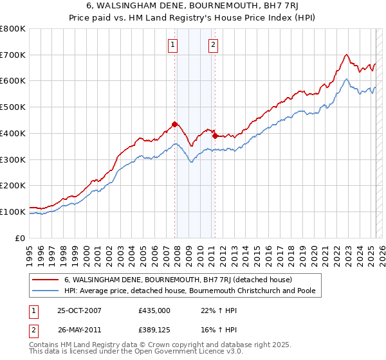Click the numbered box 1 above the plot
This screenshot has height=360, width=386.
click(x=174, y=44)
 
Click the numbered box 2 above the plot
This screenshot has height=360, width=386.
click(x=213, y=44)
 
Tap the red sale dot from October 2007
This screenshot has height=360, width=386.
click(x=174, y=124)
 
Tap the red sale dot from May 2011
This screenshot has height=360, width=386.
click(x=215, y=136)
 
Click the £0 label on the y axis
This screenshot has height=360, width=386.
click(x=20, y=238)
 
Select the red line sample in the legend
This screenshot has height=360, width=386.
click(x=45, y=280)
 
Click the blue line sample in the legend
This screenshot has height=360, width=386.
click(x=45, y=291)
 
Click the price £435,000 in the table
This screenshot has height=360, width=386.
click(x=154, y=310)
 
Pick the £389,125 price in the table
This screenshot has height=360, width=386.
click(x=154, y=329)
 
